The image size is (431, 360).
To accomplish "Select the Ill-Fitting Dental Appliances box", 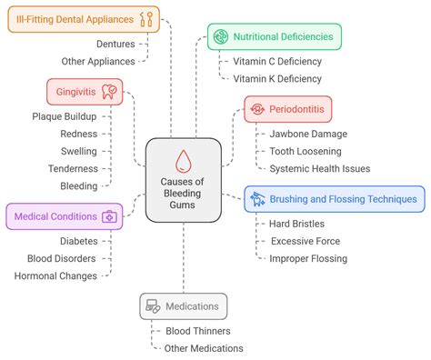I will click(84, 19).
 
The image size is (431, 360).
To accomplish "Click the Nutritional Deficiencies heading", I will click(275, 37).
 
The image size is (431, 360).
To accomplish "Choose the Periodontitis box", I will click(287, 109).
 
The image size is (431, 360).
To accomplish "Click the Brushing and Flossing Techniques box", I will click(336, 199).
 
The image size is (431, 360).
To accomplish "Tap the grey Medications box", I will click(183, 306).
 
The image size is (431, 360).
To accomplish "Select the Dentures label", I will click(115, 43).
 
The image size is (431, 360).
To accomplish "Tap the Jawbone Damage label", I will click(309, 134).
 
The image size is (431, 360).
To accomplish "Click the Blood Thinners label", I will click(197, 331).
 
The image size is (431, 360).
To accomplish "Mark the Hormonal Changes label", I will click(55, 275).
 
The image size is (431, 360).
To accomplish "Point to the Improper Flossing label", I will click(308, 258).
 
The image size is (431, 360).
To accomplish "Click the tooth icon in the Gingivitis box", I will click(109, 91).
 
